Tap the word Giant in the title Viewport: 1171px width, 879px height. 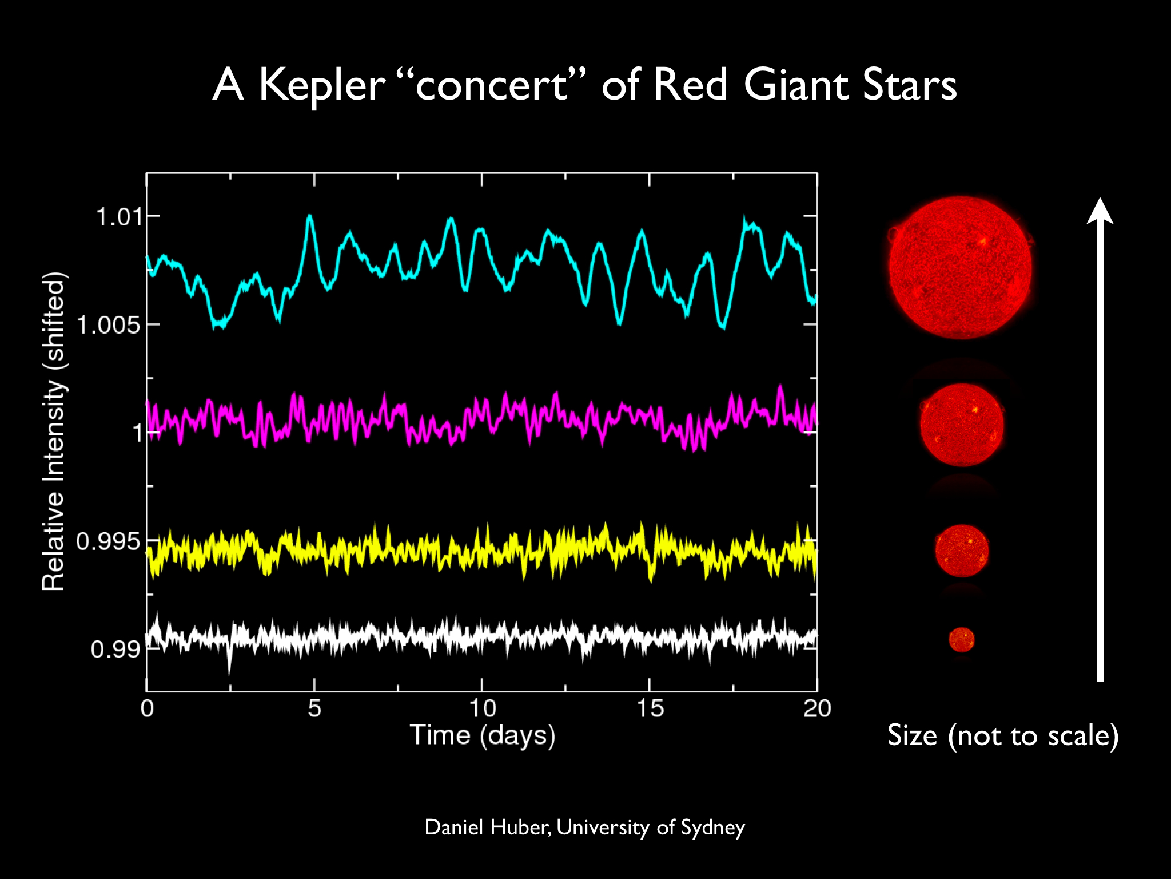[x=796, y=85]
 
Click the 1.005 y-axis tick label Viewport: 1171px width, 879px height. [x=109, y=325]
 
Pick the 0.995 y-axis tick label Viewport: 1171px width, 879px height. [x=109, y=541]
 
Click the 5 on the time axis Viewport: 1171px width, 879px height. [x=314, y=708]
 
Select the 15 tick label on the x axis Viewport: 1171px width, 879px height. [x=650, y=708]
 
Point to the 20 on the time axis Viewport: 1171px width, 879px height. [x=817, y=708]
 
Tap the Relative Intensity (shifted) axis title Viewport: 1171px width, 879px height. [x=54, y=431]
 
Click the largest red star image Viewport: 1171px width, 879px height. [x=961, y=268]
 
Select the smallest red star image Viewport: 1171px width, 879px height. [x=962, y=640]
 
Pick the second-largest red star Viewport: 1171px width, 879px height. [x=962, y=425]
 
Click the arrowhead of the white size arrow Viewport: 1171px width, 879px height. [x=1100, y=210]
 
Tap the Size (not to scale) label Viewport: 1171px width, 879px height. [x=1003, y=735]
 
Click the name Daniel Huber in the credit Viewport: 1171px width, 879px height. [x=488, y=827]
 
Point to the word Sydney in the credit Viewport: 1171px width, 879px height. [x=713, y=829]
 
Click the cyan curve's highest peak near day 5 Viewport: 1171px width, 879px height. [x=310, y=216]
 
